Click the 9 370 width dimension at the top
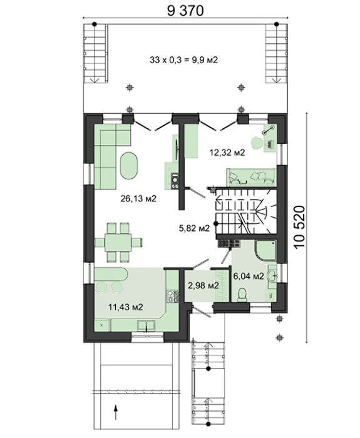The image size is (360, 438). [185, 11]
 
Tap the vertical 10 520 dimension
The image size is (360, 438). [299, 227]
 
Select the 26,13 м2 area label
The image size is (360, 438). [138, 198]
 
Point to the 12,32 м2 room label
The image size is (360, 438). [227, 153]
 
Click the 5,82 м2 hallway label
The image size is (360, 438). [194, 228]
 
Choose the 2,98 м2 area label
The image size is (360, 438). [203, 285]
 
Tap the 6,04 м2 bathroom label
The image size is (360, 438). [249, 277]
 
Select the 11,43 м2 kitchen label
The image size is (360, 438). [125, 307]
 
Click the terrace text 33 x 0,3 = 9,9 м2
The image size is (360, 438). [183, 60]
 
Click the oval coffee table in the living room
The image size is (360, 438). [128, 166]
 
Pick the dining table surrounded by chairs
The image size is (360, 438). [118, 242]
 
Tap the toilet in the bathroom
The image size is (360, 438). [242, 295]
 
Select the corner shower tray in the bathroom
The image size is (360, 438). [266, 250]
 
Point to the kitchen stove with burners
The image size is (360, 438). [173, 297]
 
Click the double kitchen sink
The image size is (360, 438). [146, 326]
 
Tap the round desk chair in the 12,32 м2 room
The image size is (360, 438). [257, 143]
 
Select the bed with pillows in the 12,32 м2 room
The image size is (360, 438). [251, 177]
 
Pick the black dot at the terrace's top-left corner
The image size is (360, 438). [95, 24]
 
